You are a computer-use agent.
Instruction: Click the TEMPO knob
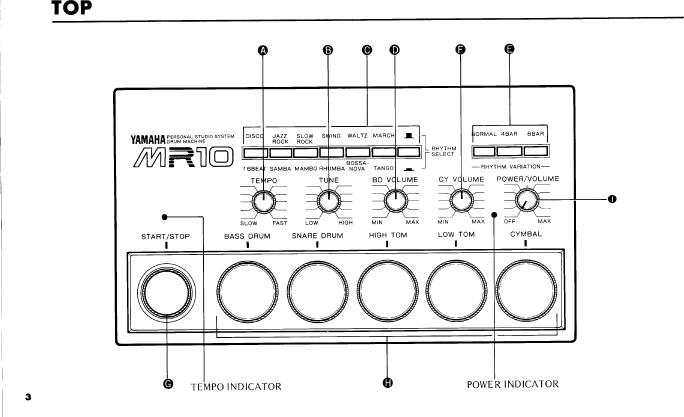pyautogui.click(x=263, y=201)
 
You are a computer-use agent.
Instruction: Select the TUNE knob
pyautogui.click(x=328, y=201)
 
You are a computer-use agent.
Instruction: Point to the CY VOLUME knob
pyautogui.click(x=460, y=201)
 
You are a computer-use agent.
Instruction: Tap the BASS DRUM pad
pyautogui.click(x=247, y=291)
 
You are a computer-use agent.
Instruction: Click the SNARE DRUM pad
pyautogui.click(x=317, y=291)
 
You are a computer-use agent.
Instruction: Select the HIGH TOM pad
pyautogui.click(x=387, y=291)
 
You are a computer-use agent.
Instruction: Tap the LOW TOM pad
pyautogui.click(x=456, y=291)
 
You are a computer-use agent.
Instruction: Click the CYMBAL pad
pyautogui.click(x=525, y=291)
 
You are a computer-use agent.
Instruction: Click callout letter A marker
pyautogui.click(x=262, y=49)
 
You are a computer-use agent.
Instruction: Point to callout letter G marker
pyautogui.click(x=168, y=383)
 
